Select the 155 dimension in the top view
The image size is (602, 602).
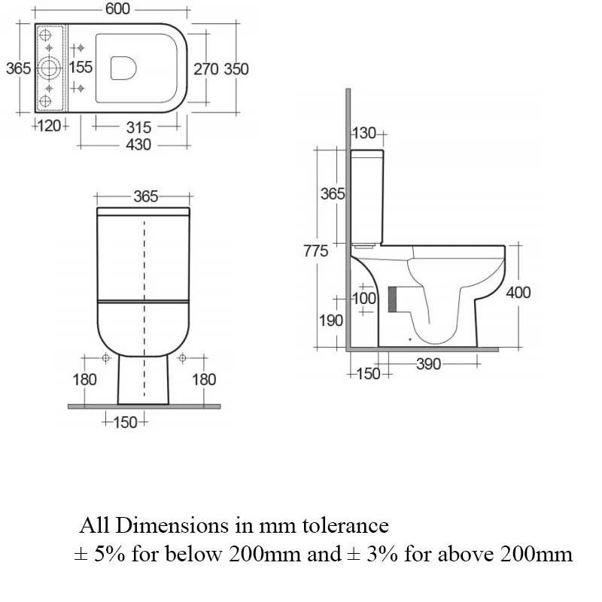[x=81, y=68]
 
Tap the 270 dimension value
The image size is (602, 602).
[x=206, y=68]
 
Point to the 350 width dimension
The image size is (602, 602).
[x=236, y=68]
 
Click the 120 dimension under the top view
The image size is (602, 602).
[x=50, y=126]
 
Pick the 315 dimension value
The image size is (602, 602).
[x=138, y=127]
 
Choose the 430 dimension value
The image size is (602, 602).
[x=138, y=144]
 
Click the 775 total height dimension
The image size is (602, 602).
[x=315, y=251]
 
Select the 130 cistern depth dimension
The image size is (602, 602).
[x=364, y=133]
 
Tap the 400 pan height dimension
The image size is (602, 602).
[x=518, y=292]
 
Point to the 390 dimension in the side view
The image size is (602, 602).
[x=428, y=365]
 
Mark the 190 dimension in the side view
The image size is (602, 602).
[x=330, y=321]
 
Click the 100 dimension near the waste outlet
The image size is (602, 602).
[x=364, y=298]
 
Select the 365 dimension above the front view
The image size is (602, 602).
[x=145, y=196]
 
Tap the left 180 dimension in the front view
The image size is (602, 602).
[x=84, y=379]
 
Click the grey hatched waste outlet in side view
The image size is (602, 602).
[x=392, y=299]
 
